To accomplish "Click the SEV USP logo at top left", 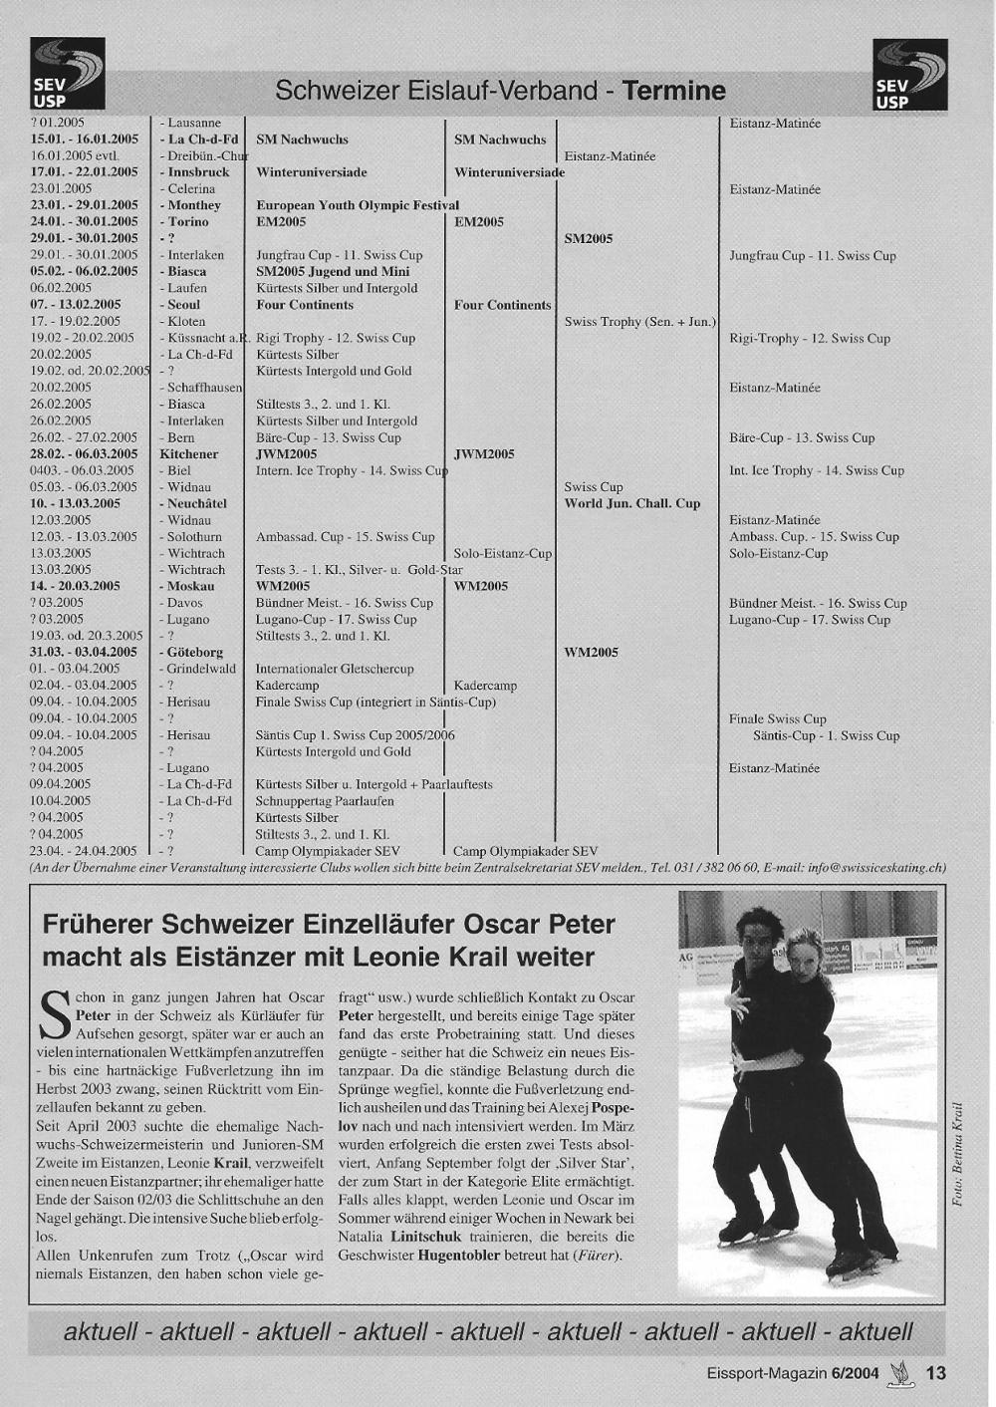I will pos(67,73).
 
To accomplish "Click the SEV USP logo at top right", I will pos(909,74).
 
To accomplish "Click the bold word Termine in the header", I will pos(674,92).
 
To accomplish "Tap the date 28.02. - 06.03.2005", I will pos(84,454).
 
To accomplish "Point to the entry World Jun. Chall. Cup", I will pos(632,503).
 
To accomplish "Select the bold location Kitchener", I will pos(189,454).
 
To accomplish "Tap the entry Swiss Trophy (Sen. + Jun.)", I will pos(639,322).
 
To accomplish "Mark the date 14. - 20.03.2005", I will pos(75,586).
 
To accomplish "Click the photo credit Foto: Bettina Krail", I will pos(957,1153).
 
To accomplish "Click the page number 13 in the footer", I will pos(935,1373).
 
